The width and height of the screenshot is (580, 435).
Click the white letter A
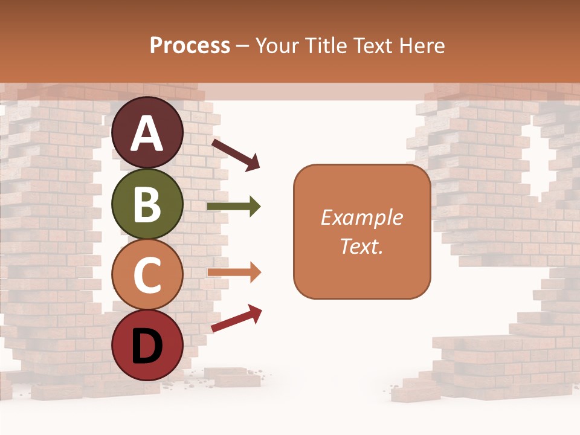(x=147, y=134)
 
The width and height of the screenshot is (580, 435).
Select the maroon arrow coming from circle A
(x=236, y=155)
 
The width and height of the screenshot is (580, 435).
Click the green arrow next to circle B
(x=234, y=207)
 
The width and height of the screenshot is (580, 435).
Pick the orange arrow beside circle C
(x=234, y=272)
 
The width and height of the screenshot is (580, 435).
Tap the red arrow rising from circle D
(x=236, y=318)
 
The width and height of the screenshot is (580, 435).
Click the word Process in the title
(x=190, y=46)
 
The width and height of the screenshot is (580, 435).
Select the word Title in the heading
(x=327, y=46)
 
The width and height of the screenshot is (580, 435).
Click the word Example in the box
(x=361, y=217)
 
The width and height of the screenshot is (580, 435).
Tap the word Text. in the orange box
(x=361, y=246)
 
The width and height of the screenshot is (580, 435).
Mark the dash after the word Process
(x=242, y=47)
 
